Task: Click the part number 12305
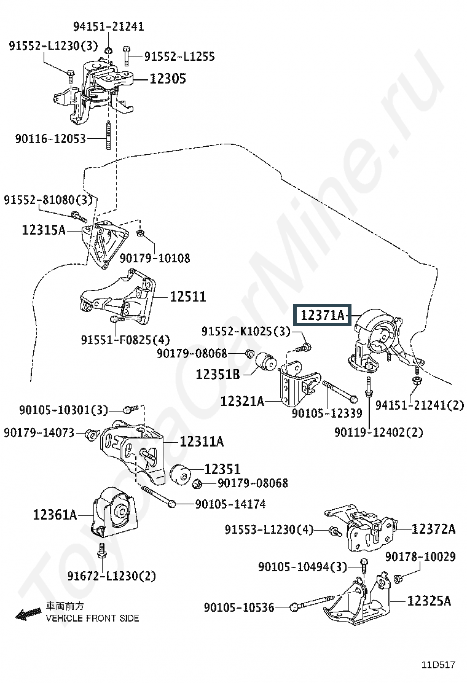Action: [168, 79]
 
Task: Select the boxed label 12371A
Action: [322, 315]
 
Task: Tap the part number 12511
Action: [188, 297]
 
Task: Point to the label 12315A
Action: [44, 230]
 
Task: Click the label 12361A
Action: [55, 515]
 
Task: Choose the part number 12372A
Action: [433, 529]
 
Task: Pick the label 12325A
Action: [429, 601]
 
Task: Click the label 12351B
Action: [218, 374]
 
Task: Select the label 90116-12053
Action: [50, 139]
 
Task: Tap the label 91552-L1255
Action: [179, 56]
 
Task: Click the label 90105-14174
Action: [230, 504]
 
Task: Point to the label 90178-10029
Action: [420, 556]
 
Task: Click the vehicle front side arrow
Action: [28, 614]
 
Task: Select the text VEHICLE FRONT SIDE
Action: [92, 618]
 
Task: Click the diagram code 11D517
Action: [438, 665]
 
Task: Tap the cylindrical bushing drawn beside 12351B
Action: [265, 362]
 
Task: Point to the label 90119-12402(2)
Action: [379, 432]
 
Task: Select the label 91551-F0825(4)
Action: [125, 340]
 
